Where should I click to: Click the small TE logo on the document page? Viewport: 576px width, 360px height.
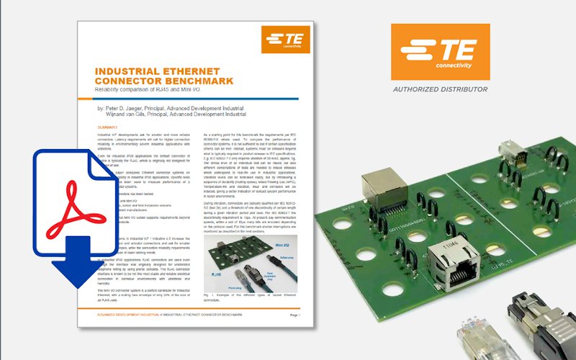point(285,40)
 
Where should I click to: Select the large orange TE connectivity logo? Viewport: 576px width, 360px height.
point(439,52)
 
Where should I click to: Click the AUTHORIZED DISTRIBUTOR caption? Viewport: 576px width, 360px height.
point(439,90)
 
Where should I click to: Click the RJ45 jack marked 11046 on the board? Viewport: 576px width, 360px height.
point(444,266)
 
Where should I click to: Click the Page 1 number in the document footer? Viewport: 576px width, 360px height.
point(293,315)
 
